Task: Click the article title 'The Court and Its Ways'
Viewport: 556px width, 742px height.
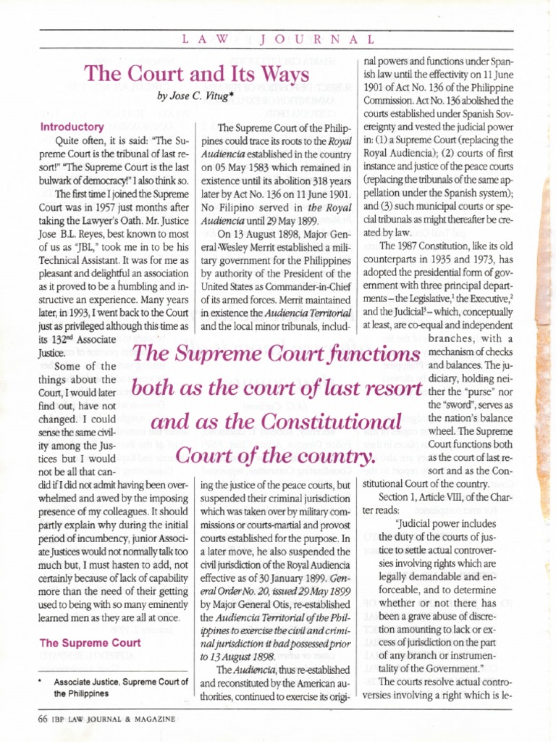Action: point(197,75)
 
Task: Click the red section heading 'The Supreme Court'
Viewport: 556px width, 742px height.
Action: point(90,642)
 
